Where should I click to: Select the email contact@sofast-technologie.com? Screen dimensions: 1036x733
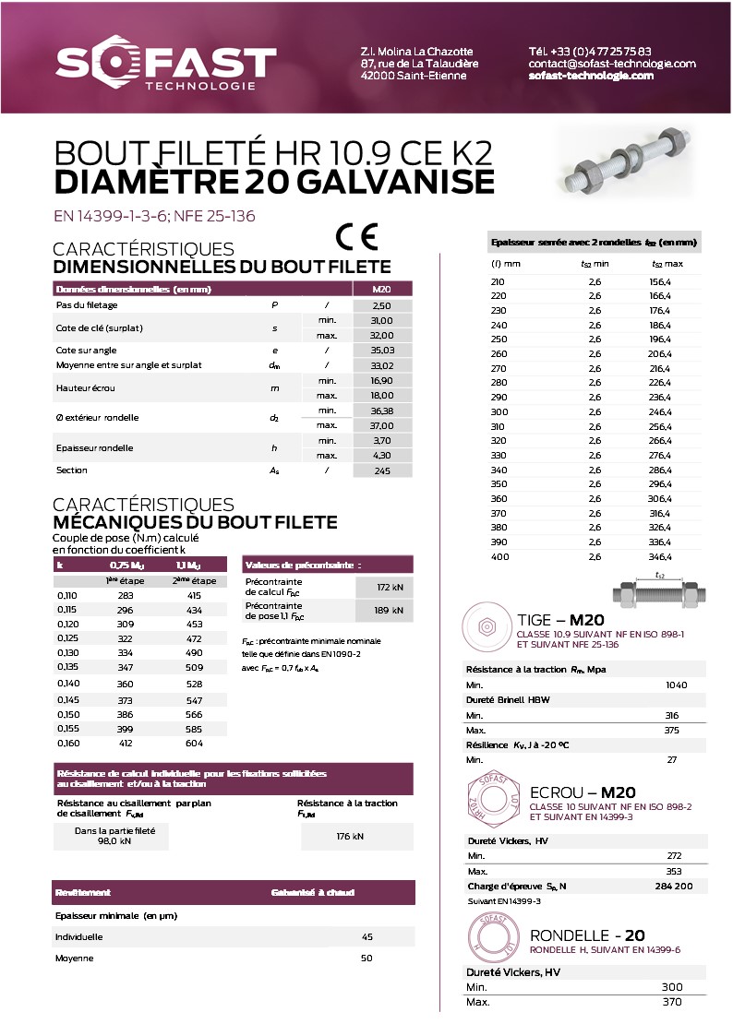[612, 64]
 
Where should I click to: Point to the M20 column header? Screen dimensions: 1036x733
[382, 289]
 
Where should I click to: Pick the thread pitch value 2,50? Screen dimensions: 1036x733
[382, 304]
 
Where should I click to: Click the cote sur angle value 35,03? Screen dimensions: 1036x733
[382, 351]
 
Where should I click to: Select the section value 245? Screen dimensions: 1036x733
[382, 470]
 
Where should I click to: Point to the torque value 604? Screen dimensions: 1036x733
[194, 744]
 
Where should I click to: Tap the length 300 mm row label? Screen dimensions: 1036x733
[499, 411]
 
